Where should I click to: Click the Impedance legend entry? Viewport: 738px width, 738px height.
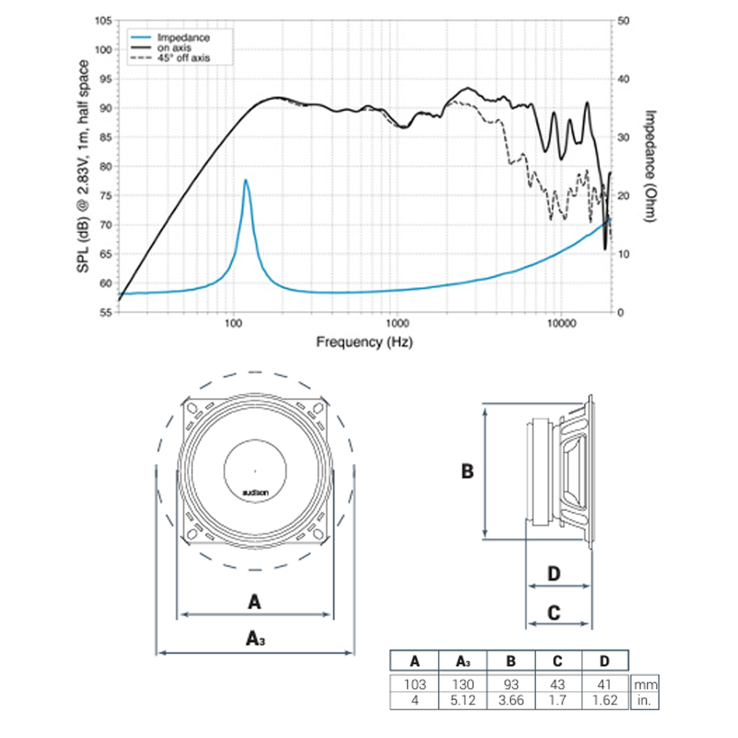[183, 37]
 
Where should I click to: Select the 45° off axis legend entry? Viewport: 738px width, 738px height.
[183, 58]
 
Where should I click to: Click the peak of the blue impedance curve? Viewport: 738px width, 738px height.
[246, 180]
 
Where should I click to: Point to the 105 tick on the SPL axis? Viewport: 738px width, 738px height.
[103, 21]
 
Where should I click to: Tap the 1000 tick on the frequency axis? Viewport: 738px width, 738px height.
[397, 323]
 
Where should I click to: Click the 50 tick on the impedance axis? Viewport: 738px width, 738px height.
[623, 21]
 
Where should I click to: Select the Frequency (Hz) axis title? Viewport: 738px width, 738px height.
[364, 342]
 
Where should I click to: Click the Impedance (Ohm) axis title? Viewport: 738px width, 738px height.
[650, 166]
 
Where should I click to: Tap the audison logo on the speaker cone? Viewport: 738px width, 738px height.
[255, 493]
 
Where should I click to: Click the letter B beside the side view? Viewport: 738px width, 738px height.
[467, 472]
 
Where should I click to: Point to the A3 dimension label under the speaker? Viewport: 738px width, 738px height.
[255, 638]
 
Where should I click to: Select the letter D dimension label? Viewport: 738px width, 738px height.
[553, 574]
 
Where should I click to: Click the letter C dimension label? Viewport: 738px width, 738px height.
[553, 612]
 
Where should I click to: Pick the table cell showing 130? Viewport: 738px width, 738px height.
[462, 684]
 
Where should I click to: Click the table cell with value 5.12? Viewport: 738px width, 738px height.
[462, 701]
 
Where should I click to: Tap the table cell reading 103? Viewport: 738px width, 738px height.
[415, 684]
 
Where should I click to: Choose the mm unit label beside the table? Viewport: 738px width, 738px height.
[645, 685]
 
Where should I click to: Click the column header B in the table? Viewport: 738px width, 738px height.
[511, 661]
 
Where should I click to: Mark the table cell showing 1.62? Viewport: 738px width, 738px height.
[605, 701]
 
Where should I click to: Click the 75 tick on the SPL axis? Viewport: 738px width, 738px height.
[104, 195]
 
